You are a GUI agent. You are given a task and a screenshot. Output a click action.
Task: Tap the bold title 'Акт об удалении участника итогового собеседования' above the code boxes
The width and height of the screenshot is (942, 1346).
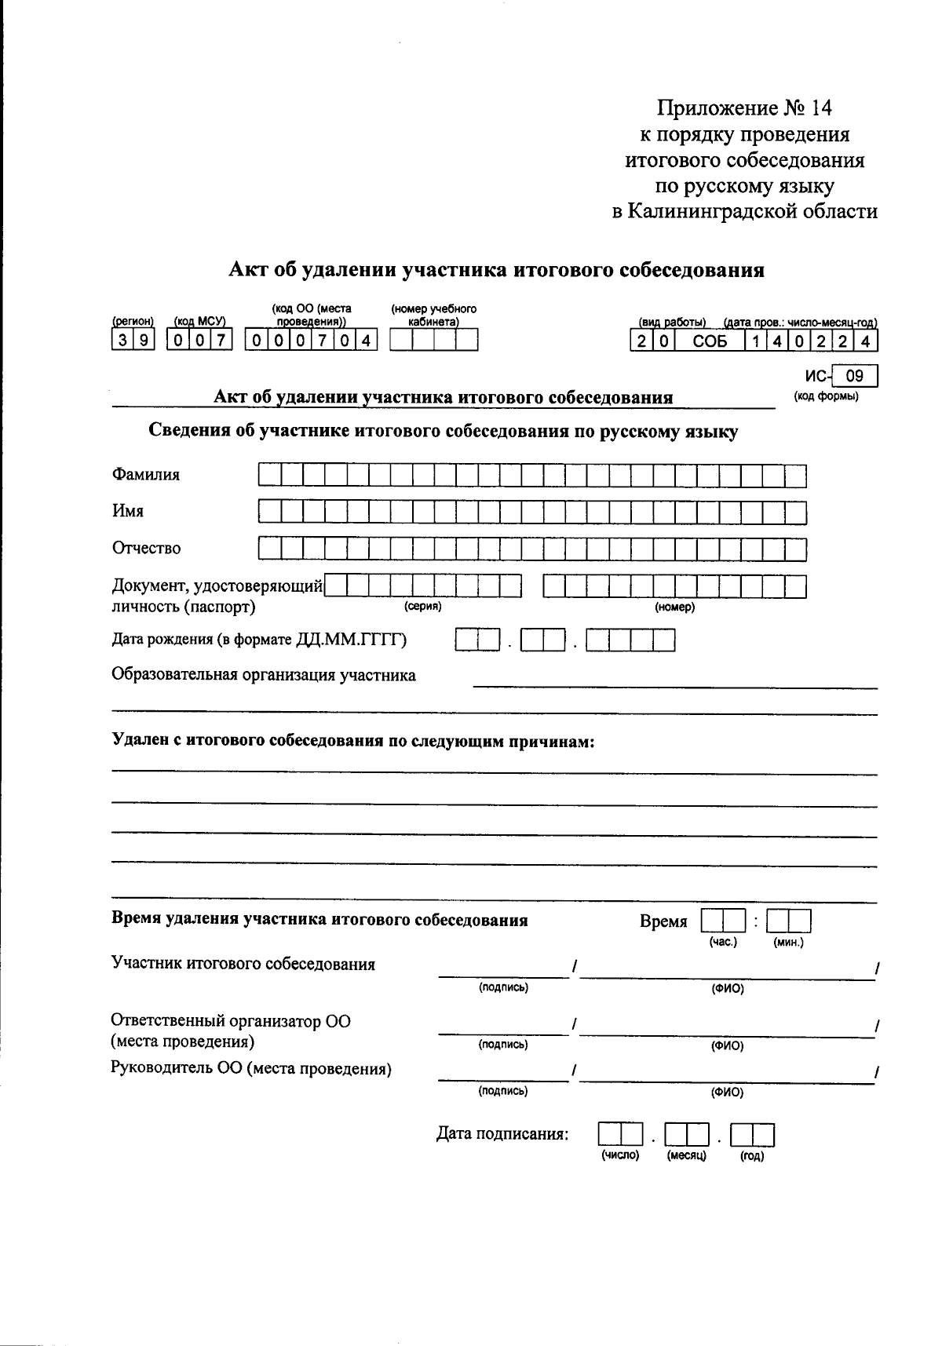(496, 270)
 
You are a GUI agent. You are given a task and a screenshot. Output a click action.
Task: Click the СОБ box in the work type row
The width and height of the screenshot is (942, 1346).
(710, 341)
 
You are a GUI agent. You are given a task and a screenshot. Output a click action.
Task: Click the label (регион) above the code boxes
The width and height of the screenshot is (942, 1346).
(133, 321)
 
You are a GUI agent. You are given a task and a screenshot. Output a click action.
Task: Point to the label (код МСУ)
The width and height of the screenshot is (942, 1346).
(199, 321)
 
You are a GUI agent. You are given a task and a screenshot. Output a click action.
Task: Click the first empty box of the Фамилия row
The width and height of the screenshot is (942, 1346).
(269, 476)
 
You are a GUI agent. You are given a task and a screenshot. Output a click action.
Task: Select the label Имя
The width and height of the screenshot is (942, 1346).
(127, 512)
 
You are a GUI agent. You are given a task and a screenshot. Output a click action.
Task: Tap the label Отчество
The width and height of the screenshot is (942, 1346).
(146, 548)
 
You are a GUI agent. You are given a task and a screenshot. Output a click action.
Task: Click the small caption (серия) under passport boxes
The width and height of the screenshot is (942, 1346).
(422, 607)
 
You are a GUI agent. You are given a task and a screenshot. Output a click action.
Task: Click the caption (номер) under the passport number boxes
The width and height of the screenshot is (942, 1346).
(674, 607)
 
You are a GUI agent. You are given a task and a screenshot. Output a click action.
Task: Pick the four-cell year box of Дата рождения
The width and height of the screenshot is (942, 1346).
(630, 641)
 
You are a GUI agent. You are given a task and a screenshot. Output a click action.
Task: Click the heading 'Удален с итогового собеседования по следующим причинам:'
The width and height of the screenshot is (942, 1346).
(352, 741)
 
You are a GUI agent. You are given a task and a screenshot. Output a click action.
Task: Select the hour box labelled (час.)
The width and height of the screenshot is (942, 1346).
(722, 921)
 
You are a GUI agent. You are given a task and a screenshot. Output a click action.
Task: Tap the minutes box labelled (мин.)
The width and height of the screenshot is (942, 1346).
(788, 921)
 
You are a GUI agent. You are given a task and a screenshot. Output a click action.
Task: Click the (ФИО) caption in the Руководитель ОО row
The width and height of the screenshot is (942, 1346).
(727, 1092)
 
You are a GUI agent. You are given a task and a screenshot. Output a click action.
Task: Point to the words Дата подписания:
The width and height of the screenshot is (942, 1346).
(502, 1134)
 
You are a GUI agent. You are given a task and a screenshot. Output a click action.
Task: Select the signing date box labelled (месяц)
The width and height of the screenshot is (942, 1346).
(687, 1136)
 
